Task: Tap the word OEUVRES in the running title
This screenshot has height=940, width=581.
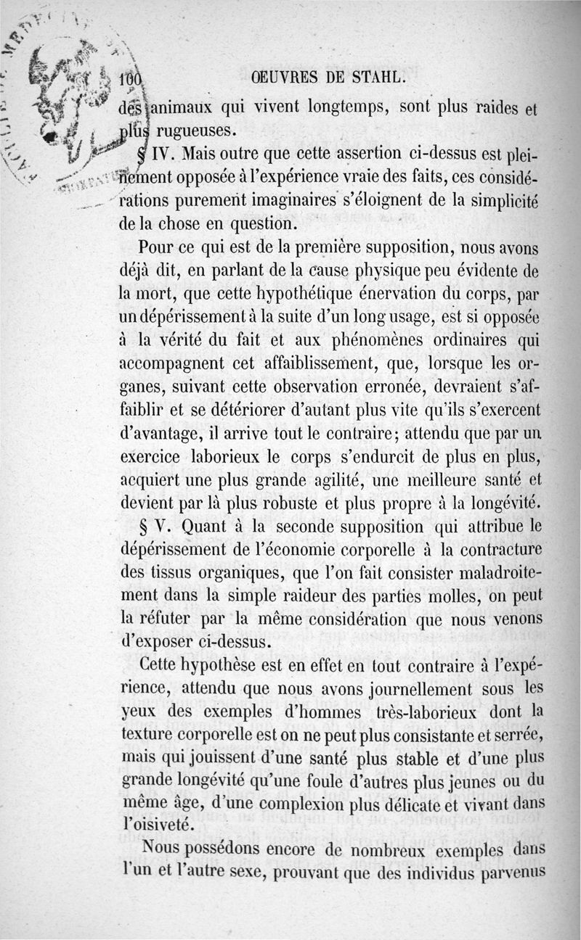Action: [288, 77]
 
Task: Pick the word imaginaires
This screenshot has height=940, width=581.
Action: [287, 199]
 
